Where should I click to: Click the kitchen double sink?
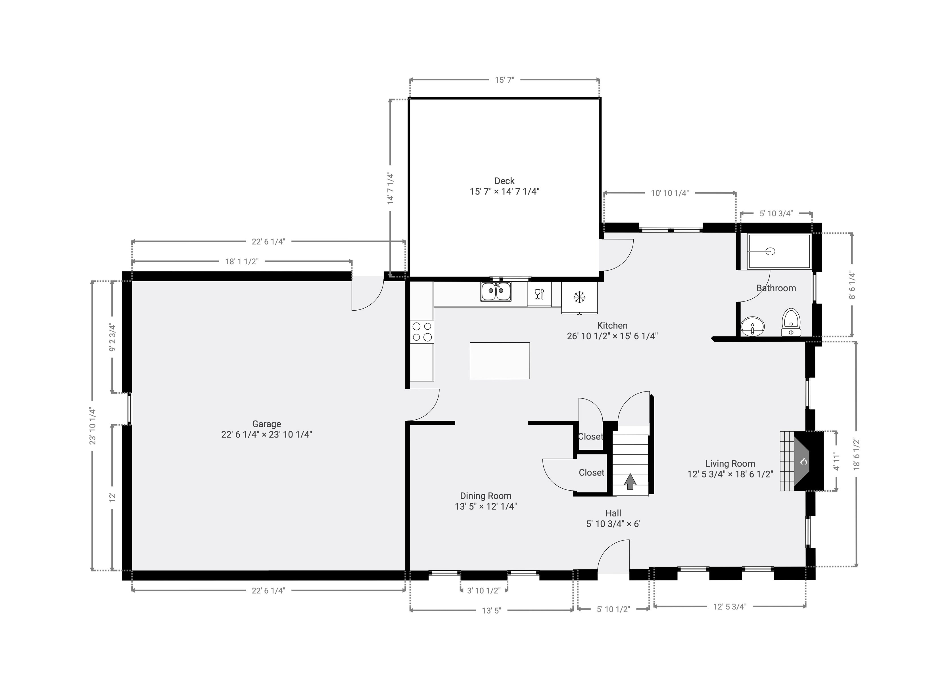click(x=496, y=292)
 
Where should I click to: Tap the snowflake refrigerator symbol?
click(x=579, y=298)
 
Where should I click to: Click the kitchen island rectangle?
click(x=500, y=361)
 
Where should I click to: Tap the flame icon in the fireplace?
click(x=803, y=461)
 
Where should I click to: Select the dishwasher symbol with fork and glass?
click(x=539, y=294)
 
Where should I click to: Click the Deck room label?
click(x=504, y=181)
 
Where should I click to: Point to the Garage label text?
click(x=266, y=424)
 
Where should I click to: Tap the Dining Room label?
click(x=486, y=496)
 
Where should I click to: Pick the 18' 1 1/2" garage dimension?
click(x=242, y=262)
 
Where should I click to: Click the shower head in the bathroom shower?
click(x=770, y=251)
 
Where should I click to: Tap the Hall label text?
click(x=613, y=513)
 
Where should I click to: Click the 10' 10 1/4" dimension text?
click(x=670, y=193)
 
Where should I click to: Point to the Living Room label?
click(x=730, y=464)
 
